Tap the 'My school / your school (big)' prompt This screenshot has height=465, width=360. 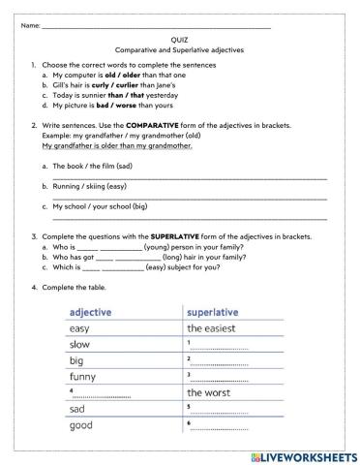point(101,206)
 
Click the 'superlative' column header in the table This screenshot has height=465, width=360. point(217,312)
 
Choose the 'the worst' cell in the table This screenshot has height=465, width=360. point(208,392)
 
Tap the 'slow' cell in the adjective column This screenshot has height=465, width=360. point(81,344)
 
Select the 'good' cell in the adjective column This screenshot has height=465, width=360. point(82,425)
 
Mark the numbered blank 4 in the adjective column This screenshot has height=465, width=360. point(102,393)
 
